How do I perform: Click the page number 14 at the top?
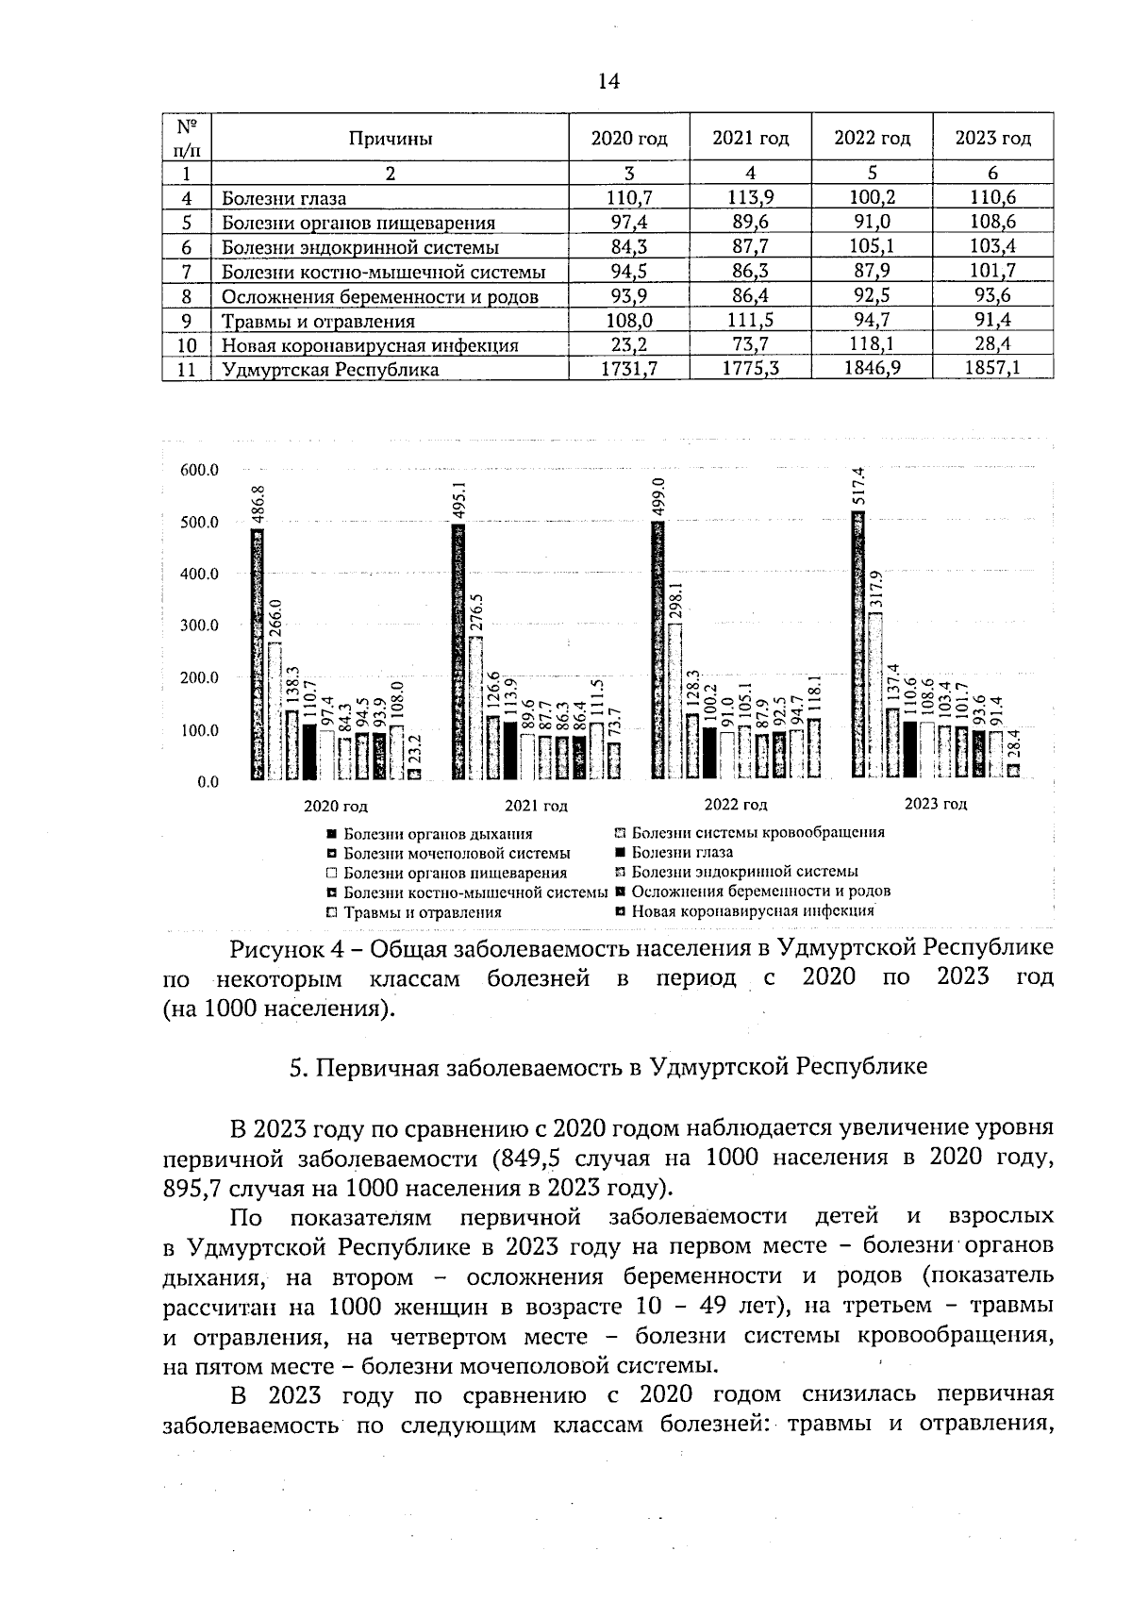tap(608, 82)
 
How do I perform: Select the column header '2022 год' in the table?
tap(872, 139)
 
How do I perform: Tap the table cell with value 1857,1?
tap(992, 369)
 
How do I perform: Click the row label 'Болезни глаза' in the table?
tap(284, 198)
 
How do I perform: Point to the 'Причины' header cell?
tap(391, 139)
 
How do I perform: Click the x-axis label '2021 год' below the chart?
tap(536, 806)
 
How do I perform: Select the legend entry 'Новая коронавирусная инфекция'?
tap(752, 911)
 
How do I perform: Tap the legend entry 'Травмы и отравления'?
tap(422, 912)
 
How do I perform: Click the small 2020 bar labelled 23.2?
tap(415, 774)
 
